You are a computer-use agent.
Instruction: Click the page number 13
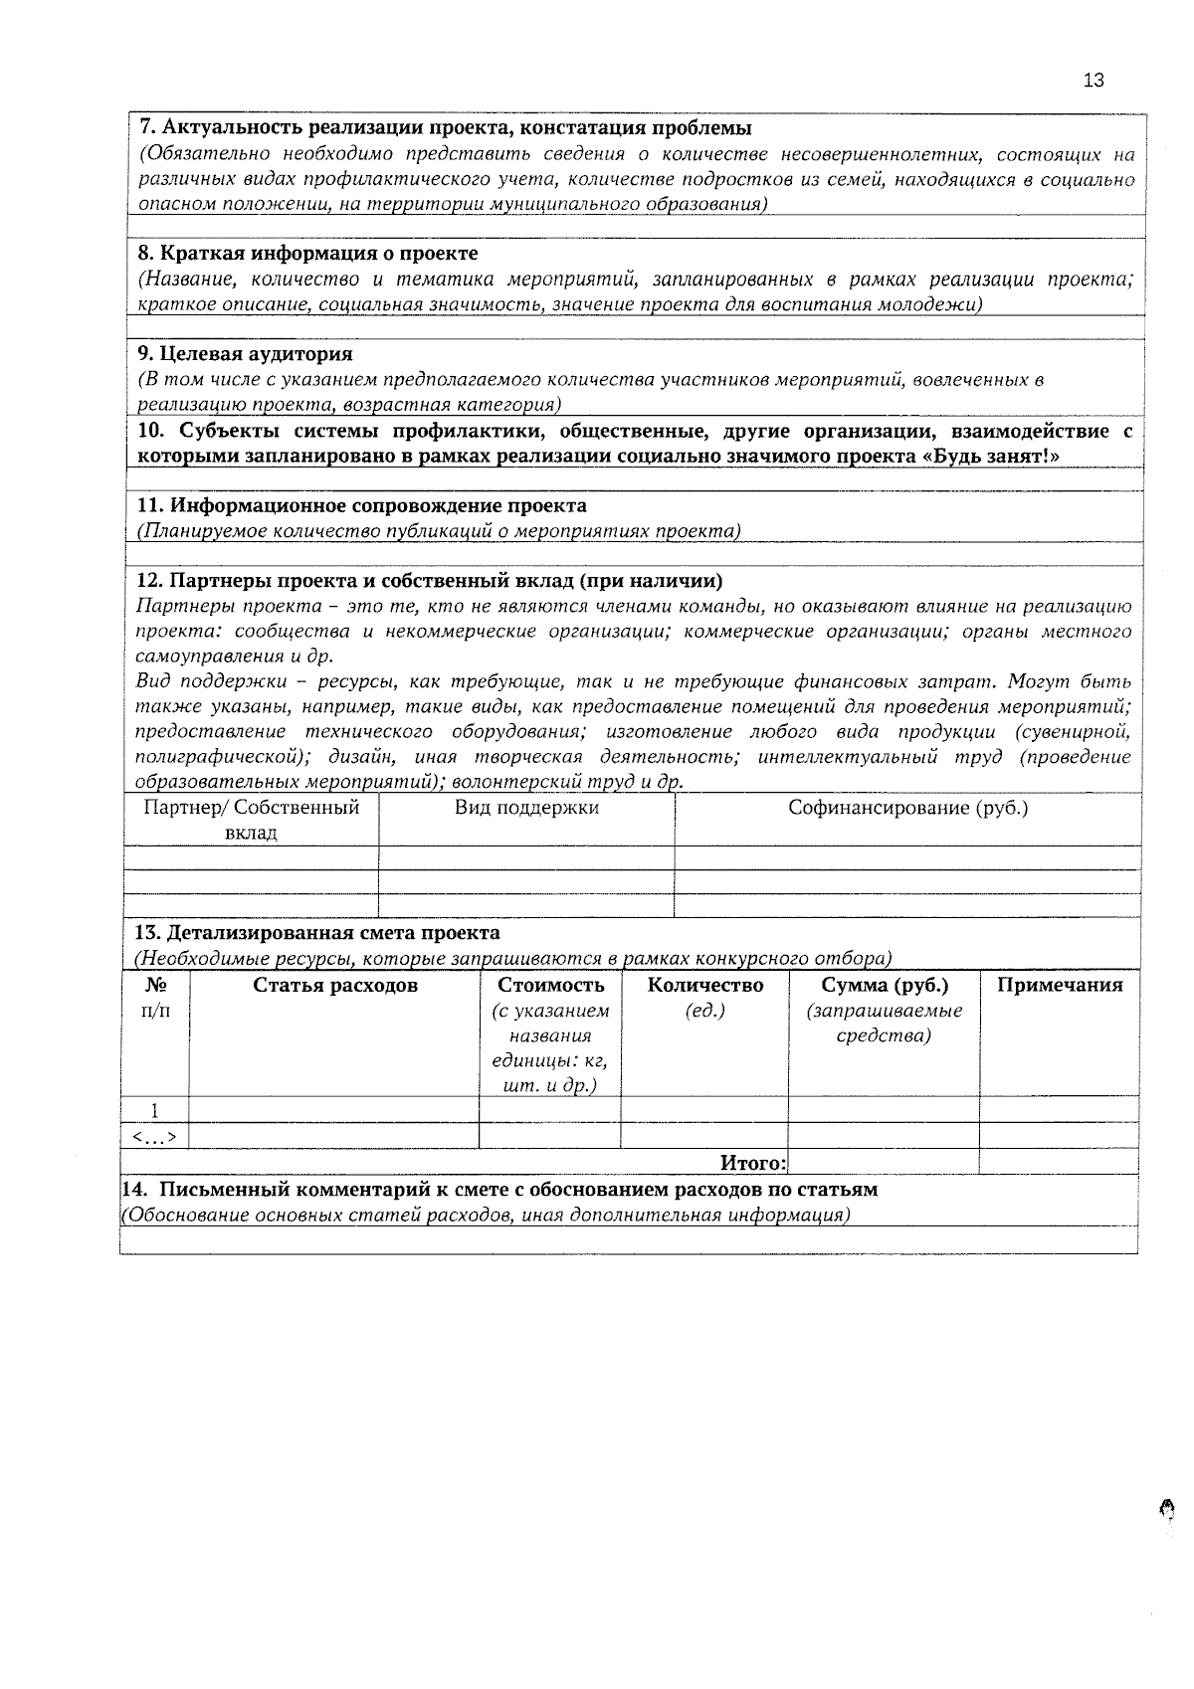pyautogui.click(x=1093, y=82)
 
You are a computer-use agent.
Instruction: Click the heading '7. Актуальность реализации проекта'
pyautogui.click(x=444, y=128)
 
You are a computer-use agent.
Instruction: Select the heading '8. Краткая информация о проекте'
pyautogui.click(x=307, y=254)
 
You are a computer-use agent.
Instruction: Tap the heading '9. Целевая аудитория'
pyautogui.click(x=244, y=354)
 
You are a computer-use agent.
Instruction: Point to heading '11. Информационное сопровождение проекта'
pyautogui.click(x=360, y=506)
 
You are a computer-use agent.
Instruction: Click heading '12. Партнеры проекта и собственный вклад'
pyautogui.click(x=429, y=581)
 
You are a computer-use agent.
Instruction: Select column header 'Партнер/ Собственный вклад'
pyautogui.click(x=251, y=820)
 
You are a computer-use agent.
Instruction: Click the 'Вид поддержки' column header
pyautogui.click(x=526, y=808)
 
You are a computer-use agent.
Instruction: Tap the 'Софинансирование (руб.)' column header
pyautogui.click(x=907, y=808)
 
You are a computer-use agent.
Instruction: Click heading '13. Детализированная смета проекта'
pyautogui.click(x=317, y=933)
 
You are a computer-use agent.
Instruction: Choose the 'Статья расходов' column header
pyautogui.click(x=335, y=986)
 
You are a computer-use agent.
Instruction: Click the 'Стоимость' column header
pyautogui.click(x=550, y=986)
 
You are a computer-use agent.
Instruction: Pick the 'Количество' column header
pyautogui.click(x=704, y=986)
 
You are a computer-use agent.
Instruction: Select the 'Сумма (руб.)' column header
pyautogui.click(x=884, y=986)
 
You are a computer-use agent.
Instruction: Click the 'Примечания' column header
pyautogui.click(x=1059, y=986)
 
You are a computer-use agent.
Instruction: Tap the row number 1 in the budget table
pyautogui.click(x=155, y=1110)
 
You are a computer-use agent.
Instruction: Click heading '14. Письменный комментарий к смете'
pyautogui.click(x=498, y=1190)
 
